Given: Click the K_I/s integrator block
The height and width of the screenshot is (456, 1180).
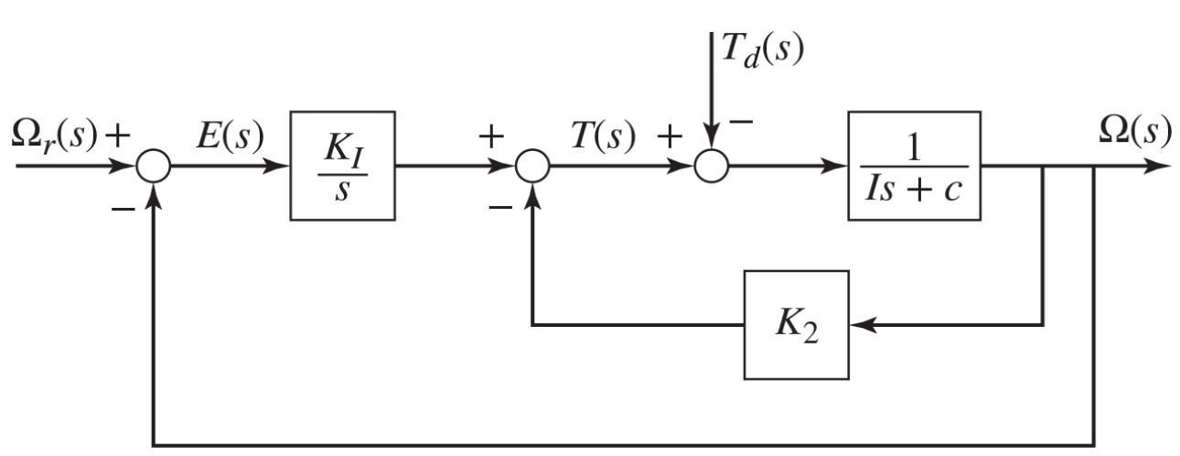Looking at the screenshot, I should (342, 166).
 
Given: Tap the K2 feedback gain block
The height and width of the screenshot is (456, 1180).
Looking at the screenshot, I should (796, 325).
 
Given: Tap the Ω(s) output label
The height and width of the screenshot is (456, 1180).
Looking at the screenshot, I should (1133, 132).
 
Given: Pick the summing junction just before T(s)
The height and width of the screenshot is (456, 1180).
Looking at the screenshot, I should (532, 168).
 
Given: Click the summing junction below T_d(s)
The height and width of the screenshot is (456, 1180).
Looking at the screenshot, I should (711, 168).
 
